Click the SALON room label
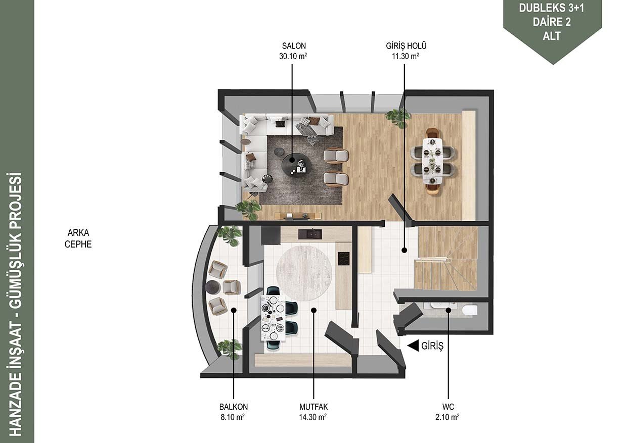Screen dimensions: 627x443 (294, 46)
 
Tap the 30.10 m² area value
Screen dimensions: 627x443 (293, 56)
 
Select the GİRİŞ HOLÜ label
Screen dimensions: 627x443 (406, 46)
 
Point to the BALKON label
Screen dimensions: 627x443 (234, 407)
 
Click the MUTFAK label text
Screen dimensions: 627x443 (313, 407)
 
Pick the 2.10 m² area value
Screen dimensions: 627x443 (447, 417)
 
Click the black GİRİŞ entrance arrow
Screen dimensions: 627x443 (413, 346)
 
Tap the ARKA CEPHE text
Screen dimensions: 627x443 (78, 238)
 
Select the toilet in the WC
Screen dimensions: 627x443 (470, 310)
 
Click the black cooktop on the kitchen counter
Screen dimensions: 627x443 (344, 259)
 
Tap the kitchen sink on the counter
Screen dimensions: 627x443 (310, 234)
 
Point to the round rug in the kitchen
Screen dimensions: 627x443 (304, 273)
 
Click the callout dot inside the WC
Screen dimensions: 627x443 (448, 310)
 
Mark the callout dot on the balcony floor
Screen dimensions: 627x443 (234, 310)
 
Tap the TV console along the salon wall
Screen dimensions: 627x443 (298, 216)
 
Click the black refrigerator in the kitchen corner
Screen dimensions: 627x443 (271, 235)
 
